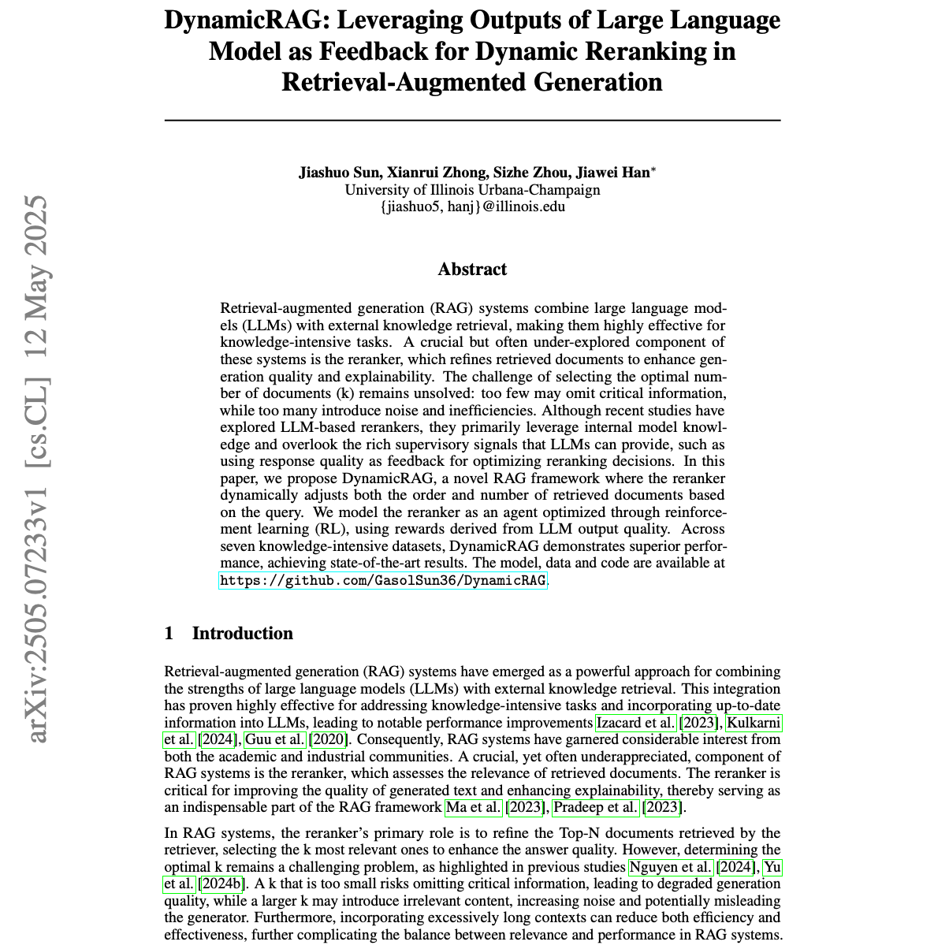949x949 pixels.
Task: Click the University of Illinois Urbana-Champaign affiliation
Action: coord(472,190)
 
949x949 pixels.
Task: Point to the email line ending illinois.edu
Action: coord(472,207)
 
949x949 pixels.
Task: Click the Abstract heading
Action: coord(472,270)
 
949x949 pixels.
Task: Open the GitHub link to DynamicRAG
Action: coord(382,581)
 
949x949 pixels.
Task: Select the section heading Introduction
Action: coord(242,634)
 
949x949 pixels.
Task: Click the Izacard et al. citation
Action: coord(635,723)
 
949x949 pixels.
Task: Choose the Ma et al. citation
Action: coord(474,807)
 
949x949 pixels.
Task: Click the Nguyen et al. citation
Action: coord(672,868)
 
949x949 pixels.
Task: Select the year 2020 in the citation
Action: coord(329,739)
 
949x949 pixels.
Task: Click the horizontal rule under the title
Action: coord(472,120)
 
